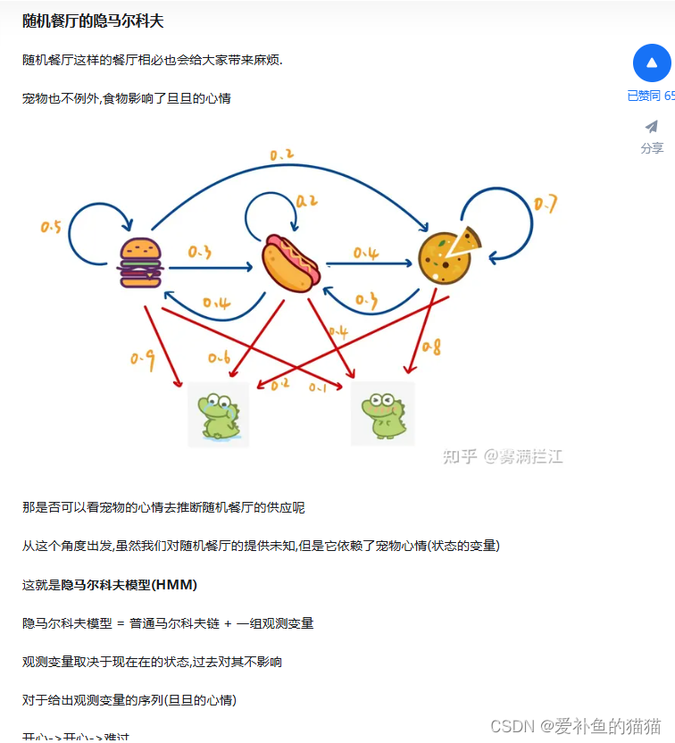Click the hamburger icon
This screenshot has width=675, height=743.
(x=140, y=263)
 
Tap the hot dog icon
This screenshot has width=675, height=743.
(x=290, y=262)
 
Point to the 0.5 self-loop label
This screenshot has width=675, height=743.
(x=51, y=227)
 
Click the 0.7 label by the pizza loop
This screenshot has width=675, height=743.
(x=546, y=205)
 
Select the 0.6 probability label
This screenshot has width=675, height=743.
(x=219, y=357)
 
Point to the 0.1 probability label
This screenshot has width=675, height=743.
(x=318, y=387)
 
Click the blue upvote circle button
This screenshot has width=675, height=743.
(x=652, y=63)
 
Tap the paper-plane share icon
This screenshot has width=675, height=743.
(x=652, y=127)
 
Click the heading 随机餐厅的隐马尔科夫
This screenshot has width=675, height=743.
(x=93, y=21)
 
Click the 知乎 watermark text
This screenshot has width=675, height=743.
(x=460, y=456)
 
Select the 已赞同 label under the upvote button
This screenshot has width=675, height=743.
(x=644, y=96)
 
